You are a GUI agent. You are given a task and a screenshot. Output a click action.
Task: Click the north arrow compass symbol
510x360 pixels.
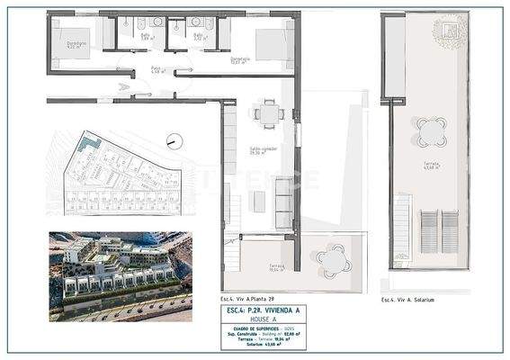pos(174,140)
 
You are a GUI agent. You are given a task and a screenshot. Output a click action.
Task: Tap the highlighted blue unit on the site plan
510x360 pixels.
pos(87,142)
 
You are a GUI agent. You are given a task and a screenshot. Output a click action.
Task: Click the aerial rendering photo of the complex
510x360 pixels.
pos(120,276)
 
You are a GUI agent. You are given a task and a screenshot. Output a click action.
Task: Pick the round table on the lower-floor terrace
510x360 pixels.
pos(332,261)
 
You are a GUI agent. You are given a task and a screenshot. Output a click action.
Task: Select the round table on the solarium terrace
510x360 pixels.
pos(432,131)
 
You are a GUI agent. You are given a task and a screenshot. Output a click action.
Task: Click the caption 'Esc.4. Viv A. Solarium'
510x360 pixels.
pos(407,299)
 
